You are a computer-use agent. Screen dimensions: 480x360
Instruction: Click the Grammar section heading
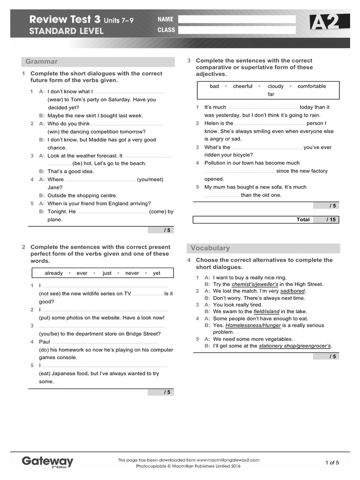42,61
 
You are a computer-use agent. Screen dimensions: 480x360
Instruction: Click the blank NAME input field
237,19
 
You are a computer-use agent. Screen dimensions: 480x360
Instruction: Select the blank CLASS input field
237,30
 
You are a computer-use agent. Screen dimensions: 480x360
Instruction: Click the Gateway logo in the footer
47,461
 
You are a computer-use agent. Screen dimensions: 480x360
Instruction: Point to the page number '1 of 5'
332,463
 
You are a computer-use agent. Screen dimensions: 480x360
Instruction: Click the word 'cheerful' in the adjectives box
242,86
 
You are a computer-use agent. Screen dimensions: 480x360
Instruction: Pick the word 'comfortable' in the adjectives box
312,86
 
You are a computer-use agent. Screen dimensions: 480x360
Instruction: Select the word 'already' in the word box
53,273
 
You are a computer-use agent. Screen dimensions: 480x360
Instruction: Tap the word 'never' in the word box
132,273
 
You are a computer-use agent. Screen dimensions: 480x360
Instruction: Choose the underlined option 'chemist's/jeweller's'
255,284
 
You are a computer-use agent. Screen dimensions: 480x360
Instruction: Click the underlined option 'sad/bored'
292,291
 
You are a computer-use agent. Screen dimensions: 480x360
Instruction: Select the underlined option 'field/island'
266,311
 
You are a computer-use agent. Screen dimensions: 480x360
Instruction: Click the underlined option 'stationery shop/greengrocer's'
295,346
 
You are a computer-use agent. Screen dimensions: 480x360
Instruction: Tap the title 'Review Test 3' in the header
65,20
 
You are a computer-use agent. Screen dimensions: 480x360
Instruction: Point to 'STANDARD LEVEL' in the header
66,31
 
